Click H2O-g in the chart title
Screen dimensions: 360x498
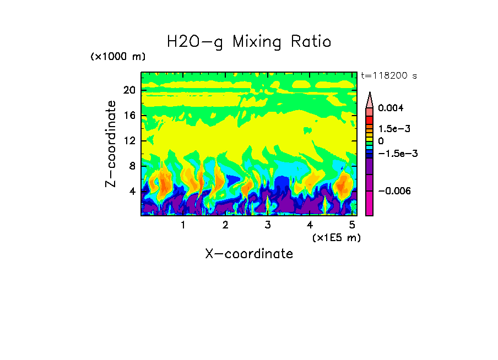[x=195, y=42]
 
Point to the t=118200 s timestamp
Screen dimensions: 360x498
[x=388, y=75]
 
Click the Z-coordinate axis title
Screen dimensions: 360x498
[x=111, y=144]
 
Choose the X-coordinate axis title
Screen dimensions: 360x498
[x=249, y=254]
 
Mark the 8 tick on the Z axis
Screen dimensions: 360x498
[x=132, y=166]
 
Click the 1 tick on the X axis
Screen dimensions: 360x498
[x=183, y=226]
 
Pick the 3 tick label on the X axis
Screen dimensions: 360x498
[x=267, y=226]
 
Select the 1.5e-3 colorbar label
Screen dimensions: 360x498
[x=394, y=128]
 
